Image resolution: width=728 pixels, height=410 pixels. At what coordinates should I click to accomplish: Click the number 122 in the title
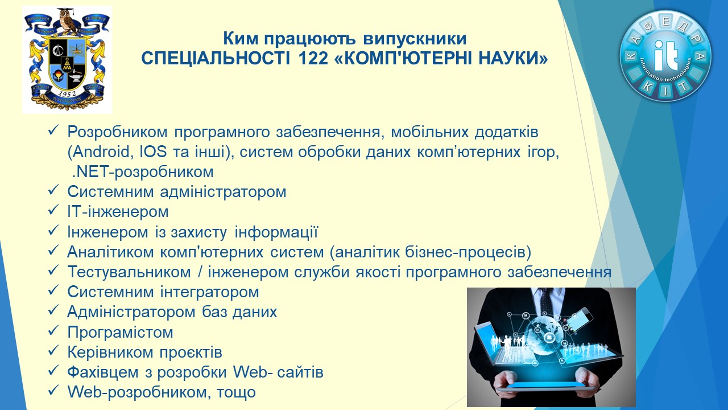pos(312,59)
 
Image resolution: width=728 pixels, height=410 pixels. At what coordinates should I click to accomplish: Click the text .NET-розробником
pos(143,172)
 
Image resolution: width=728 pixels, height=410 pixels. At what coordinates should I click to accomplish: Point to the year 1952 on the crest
pos(67,94)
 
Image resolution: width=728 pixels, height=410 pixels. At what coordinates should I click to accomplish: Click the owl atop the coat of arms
pos(68,21)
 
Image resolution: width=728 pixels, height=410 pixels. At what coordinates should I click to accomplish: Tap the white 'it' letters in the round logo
pos(665,56)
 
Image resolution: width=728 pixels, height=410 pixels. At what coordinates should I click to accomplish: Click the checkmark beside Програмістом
pos(53,331)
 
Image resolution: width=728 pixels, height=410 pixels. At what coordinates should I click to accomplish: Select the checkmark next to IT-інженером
pos(53,211)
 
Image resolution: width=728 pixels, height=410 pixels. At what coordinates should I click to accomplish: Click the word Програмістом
pos(120,332)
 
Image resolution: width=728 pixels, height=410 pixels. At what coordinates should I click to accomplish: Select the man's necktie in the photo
pos(547,302)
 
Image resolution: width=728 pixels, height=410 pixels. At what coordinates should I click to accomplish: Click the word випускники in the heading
pos(415,39)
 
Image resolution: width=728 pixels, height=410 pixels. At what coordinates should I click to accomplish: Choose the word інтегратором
pos(210,292)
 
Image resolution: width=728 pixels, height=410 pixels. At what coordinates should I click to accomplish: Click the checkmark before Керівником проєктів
pos(53,351)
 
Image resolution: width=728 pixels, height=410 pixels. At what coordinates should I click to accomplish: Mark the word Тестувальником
pos(129,272)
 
